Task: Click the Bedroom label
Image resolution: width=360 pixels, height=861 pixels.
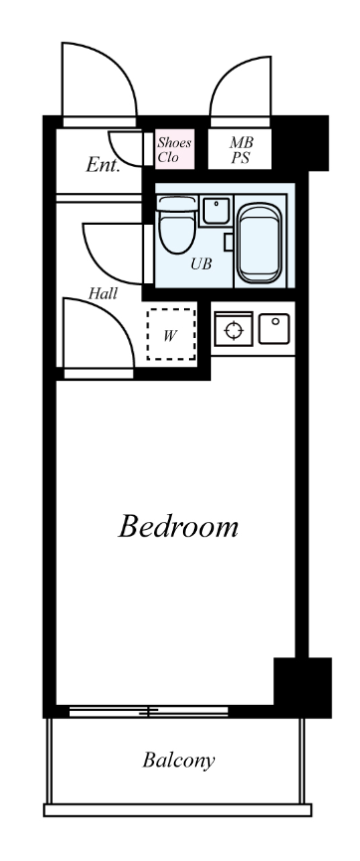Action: pos(178,526)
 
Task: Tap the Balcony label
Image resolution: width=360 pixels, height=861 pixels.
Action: pos(179,760)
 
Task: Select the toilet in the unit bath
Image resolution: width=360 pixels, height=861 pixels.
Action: pos(176,225)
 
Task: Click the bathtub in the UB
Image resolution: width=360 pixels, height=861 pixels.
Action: pos(260,243)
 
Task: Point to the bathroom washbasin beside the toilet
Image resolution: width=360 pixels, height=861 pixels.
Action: pos(216,211)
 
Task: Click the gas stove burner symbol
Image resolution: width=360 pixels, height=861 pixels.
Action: pos(234,329)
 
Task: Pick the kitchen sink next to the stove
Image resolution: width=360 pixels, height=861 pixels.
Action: pos(273,328)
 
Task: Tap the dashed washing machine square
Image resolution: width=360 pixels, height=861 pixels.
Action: pos(171,334)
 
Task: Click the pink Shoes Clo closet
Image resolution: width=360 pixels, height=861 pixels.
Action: pos(174,149)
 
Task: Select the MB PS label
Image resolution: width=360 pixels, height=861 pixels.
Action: pos(241,150)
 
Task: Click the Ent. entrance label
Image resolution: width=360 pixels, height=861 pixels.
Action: pos(102,165)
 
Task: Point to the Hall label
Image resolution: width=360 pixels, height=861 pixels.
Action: pos(102,293)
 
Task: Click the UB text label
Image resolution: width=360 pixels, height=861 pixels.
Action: pos(201,263)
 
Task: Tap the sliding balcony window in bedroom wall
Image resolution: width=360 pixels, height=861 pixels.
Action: pos(148,711)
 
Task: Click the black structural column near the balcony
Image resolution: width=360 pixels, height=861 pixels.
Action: pos(302,687)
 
